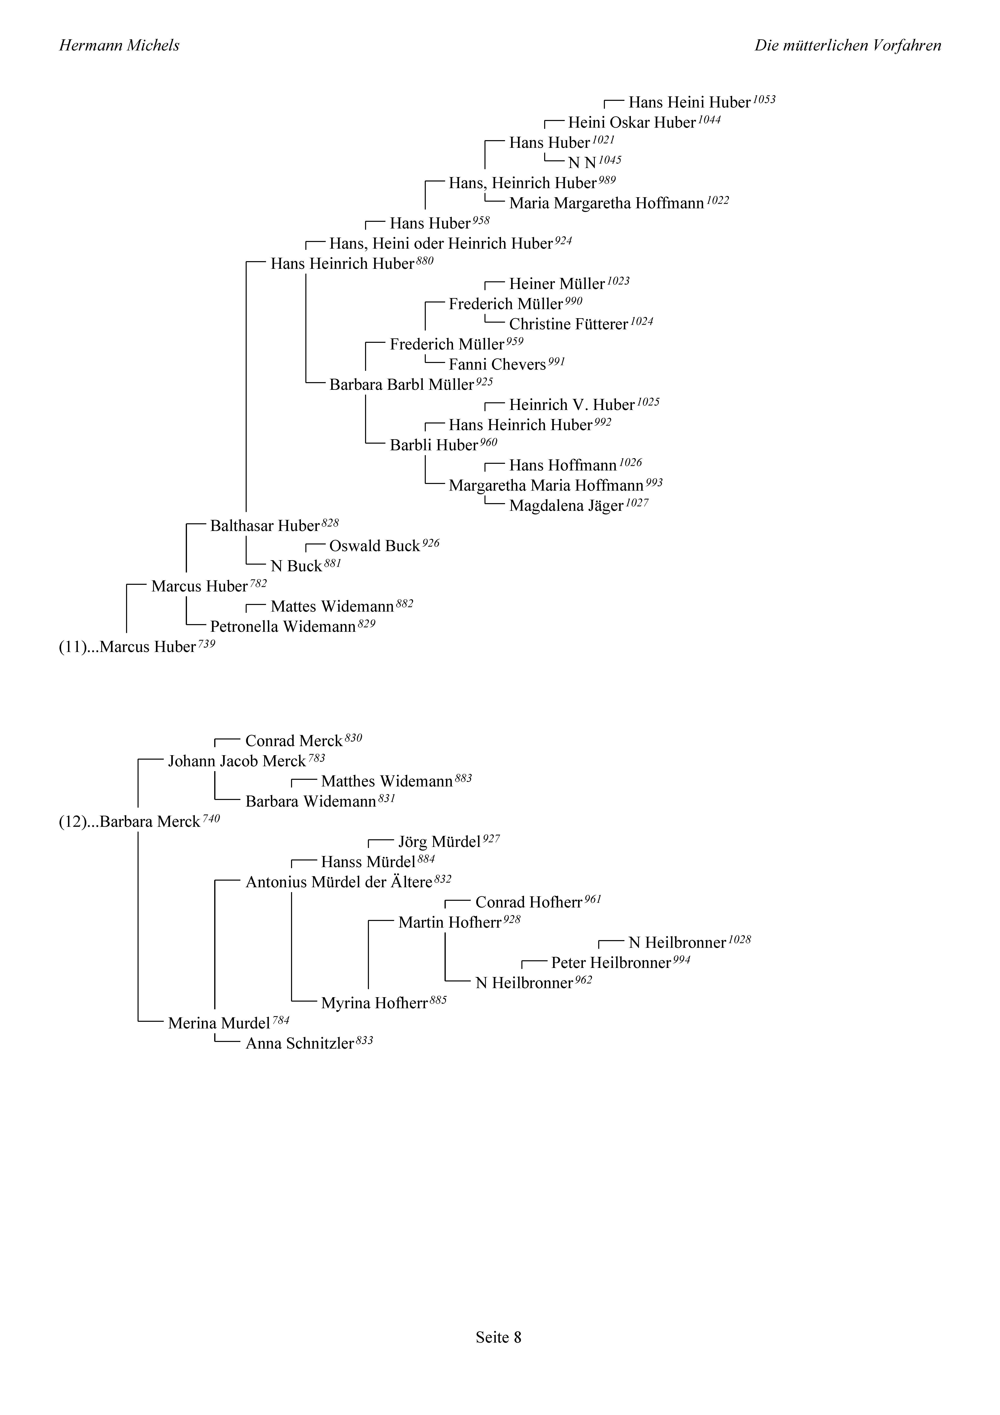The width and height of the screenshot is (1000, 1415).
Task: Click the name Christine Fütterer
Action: pyautogui.click(x=568, y=324)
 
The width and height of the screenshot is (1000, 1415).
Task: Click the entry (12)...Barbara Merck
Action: pyautogui.click(x=129, y=822)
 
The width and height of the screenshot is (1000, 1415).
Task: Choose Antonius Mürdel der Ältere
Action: pyautogui.click(x=338, y=882)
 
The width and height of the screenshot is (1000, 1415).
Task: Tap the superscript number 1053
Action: pyautogui.click(x=764, y=99)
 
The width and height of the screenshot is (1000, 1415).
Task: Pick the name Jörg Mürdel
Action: pyautogui.click(x=439, y=842)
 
